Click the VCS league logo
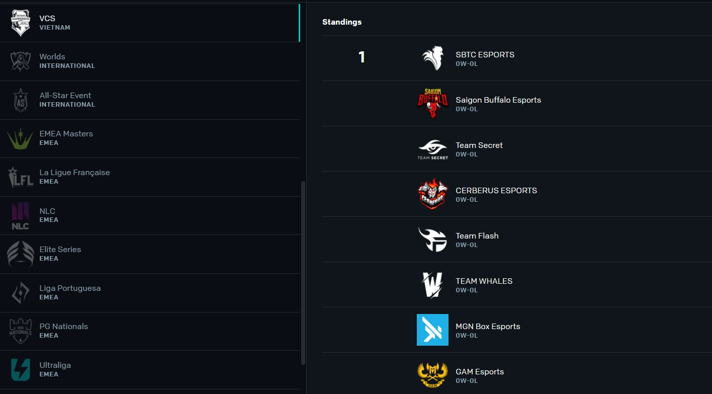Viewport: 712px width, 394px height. pos(21,23)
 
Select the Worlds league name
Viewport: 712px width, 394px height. pos(52,56)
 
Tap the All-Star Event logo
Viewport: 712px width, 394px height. pos(21,100)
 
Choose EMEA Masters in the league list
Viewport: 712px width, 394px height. pos(66,133)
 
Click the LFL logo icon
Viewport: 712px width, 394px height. pos(21,177)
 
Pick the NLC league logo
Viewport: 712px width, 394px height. pos(20,216)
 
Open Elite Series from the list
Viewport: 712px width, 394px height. pos(60,249)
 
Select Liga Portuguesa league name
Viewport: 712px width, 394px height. pos(70,288)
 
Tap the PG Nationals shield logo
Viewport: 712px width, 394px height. pos(21,331)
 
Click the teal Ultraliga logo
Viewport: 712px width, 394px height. pos(21,370)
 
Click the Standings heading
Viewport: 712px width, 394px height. pos(342,22)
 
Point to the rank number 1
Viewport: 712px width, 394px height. pos(362,57)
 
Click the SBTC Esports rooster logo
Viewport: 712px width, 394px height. pos(432,58)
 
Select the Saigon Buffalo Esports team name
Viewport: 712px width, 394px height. pos(498,100)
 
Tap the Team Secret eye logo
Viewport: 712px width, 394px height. pos(432,149)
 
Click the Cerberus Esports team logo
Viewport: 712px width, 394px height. pos(432,194)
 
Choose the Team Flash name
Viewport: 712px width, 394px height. pos(477,235)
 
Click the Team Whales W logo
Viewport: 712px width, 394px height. pos(432,285)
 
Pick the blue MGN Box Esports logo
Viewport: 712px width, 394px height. pos(432,330)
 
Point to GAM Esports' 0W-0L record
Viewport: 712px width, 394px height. pos(467,380)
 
